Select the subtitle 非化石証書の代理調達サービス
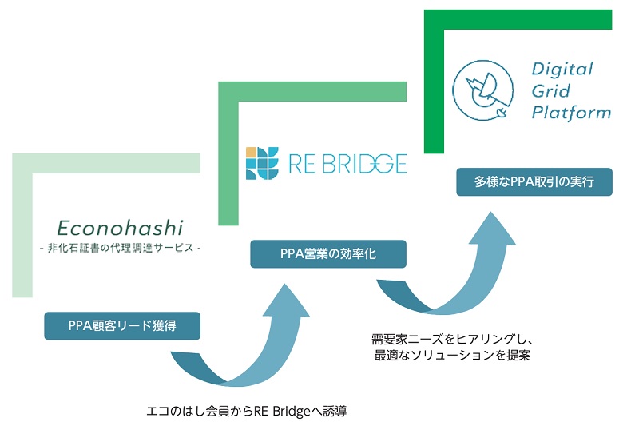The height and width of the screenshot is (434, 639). coord(121,248)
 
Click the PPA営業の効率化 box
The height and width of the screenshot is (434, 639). coord(328,254)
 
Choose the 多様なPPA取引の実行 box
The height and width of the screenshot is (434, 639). coord(535,181)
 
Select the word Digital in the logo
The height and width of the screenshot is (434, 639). coord(562,70)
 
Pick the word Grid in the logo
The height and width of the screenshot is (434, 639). coord(551,90)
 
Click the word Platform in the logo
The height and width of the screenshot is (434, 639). coord(570,112)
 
